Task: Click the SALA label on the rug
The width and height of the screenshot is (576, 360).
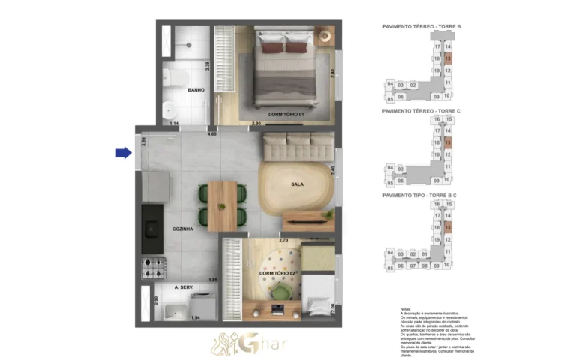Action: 297,184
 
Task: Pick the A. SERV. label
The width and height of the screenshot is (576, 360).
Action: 184,287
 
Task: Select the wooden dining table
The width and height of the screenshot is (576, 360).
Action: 223,205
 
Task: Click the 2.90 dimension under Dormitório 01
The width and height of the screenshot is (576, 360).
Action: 256,123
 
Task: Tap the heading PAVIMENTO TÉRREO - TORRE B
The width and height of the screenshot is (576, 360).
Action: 421,27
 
